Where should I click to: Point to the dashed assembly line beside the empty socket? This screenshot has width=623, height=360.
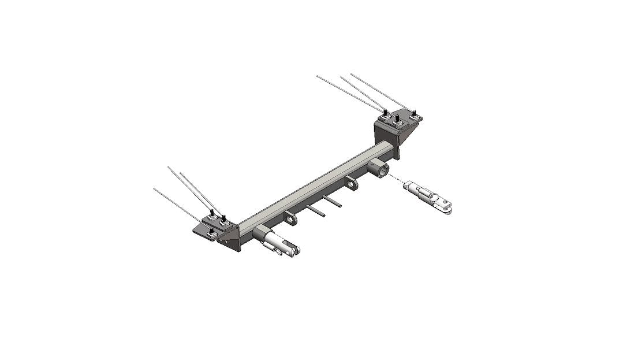[396, 177]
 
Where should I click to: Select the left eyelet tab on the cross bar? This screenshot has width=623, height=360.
[290, 220]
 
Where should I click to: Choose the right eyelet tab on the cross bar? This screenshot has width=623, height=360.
[352, 184]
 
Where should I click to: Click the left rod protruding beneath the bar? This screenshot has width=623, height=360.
[316, 210]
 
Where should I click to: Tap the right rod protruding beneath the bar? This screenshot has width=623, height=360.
[333, 201]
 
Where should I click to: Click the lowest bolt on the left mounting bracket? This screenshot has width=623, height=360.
[212, 233]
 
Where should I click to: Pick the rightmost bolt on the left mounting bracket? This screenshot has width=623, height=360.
[225, 221]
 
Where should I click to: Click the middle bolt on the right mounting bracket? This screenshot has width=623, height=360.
[397, 121]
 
